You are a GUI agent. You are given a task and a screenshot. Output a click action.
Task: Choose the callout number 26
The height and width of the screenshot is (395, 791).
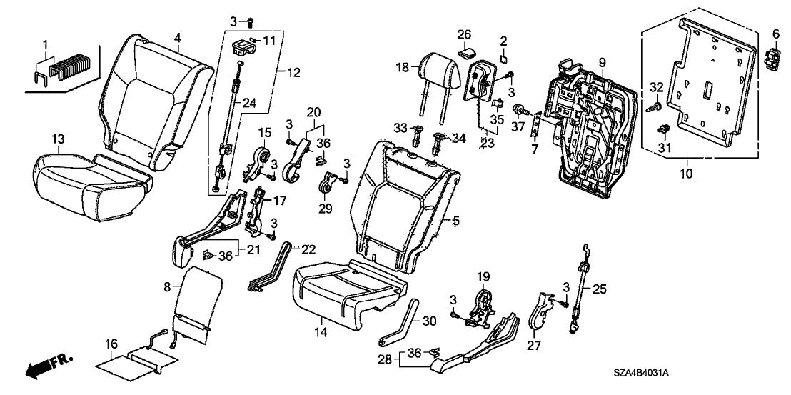(x=465, y=34)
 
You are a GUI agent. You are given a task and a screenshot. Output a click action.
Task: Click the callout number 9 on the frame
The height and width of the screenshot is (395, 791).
(x=603, y=62)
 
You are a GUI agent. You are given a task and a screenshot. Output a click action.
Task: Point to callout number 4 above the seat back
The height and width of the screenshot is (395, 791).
(x=178, y=37)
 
